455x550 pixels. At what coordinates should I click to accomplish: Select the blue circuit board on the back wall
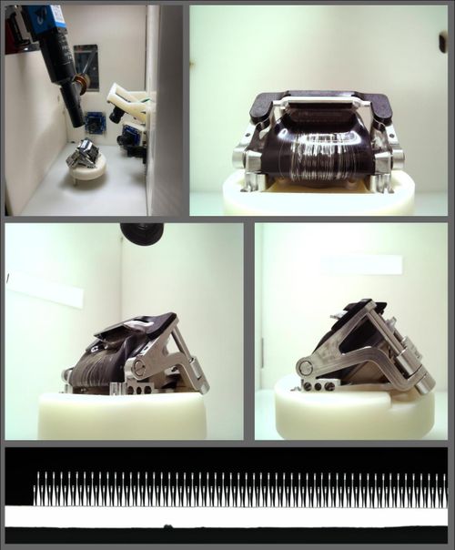pyautogui.click(x=96, y=120)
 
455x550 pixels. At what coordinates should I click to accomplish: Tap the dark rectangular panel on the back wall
pyautogui.click(x=86, y=65)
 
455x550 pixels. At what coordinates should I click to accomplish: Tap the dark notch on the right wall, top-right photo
pyautogui.click(x=443, y=42)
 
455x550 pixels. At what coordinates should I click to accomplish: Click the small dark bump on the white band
pyautogui.click(x=167, y=525)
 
